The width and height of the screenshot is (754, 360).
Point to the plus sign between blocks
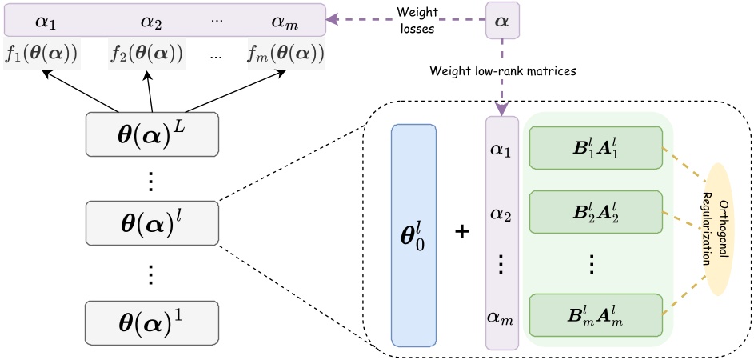coord(461,232)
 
